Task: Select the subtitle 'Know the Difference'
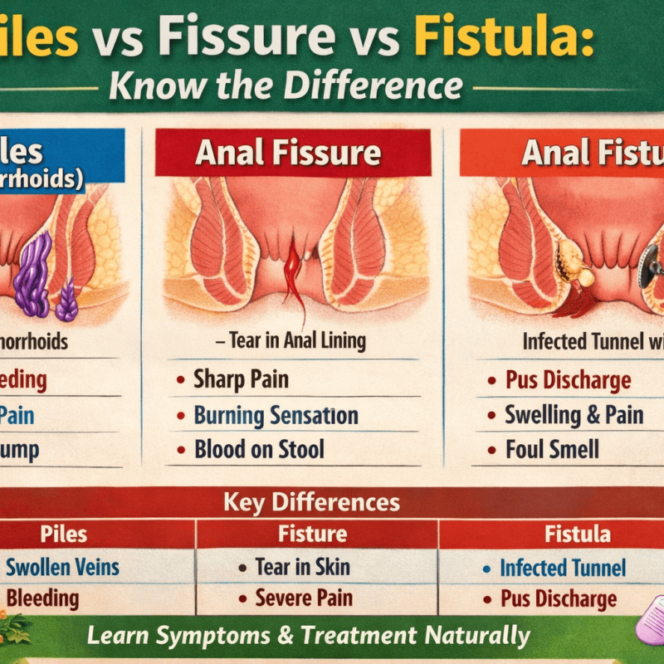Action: coord(286,85)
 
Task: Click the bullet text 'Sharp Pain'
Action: coord(241,379)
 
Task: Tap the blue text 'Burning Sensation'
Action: coord(276,415)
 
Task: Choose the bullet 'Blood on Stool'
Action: coord(259,450)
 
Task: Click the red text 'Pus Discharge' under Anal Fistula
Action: coord(569,381)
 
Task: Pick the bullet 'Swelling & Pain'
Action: coord(574,415)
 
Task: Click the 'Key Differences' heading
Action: coord(311,502)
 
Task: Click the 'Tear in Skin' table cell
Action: coord(304,568)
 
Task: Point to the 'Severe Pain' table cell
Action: coord(304,597)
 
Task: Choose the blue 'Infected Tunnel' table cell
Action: coord(562,568)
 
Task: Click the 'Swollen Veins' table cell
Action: coord(63,568)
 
